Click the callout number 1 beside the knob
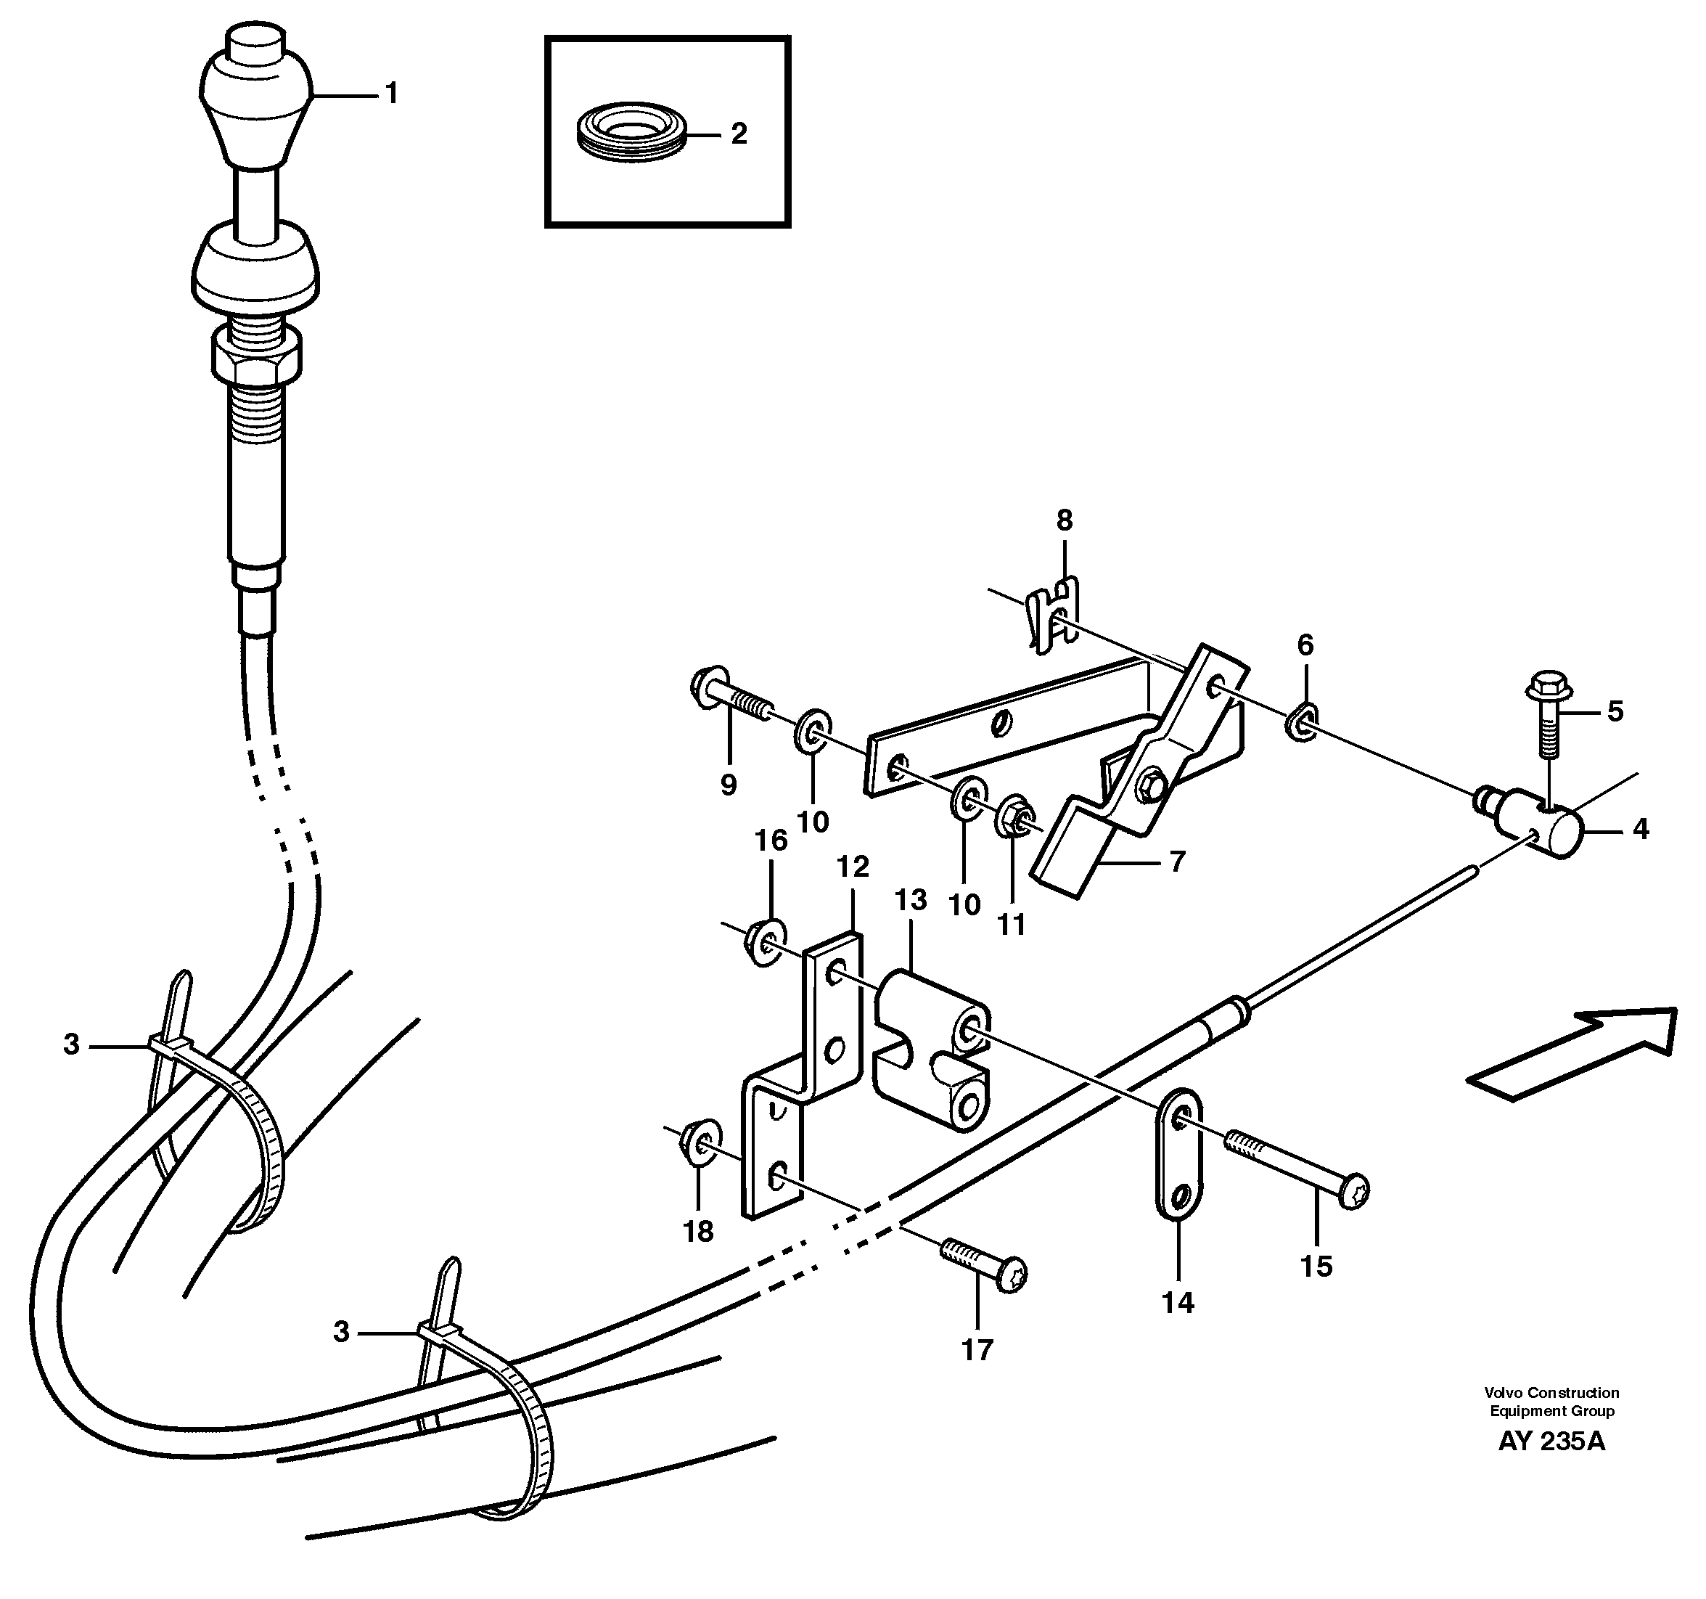(x=391, y=94)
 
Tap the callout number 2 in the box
(x=738, y=134)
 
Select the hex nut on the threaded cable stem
(x=255, y=358)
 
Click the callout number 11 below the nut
(x=1012, y=925)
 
